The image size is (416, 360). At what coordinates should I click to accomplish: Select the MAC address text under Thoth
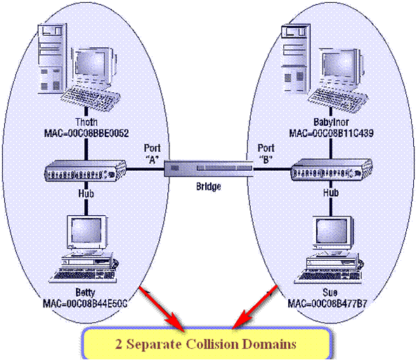pyautogui.click(x=86, y=131)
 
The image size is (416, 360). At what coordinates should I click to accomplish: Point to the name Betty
pyautogui.click(x=86, y=291)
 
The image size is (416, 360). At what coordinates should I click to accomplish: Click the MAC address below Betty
pyautogui.click(x=86, y=302)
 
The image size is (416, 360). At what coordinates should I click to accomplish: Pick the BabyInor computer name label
pyautogui.click(x=327, y=120)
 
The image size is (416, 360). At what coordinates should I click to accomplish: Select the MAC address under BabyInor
pyautogui.click(x=327, y=131)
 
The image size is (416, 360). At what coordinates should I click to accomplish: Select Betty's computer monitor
pyautogui.click(x=85, y=233)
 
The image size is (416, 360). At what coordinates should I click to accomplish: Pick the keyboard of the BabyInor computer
pyautogui.click(x=337, y=96)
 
